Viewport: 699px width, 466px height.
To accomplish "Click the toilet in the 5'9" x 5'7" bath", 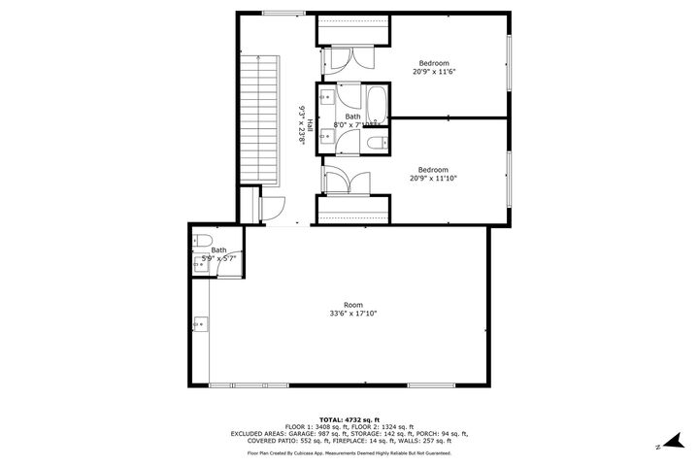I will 203,242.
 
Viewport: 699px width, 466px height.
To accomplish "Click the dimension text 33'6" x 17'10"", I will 352,313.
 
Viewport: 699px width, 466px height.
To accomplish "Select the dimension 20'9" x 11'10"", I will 433,178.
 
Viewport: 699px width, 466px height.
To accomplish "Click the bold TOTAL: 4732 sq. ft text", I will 349,417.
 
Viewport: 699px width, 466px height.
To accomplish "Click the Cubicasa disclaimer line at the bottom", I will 349,452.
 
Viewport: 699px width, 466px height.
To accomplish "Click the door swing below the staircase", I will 272,207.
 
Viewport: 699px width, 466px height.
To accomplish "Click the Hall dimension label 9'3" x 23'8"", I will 302,124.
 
